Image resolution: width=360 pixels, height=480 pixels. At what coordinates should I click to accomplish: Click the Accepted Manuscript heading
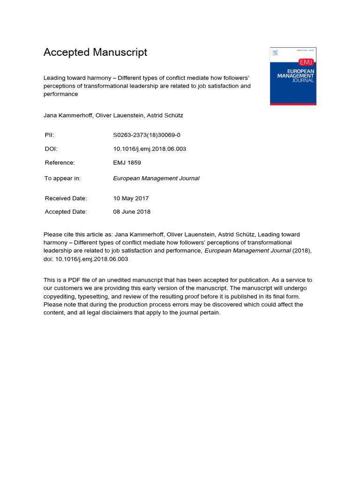(x=95, y=52)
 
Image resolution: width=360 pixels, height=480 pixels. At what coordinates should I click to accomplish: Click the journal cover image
(x=293, y=76)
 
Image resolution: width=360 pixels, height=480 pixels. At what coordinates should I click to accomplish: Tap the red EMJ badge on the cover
(x=306, y=62)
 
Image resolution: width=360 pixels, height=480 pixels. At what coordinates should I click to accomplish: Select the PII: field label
(x=49, y=135)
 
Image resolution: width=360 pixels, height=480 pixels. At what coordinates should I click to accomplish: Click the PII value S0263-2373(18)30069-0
(x=147, y=135)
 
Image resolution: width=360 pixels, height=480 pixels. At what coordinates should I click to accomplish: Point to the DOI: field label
(x=51, y=149)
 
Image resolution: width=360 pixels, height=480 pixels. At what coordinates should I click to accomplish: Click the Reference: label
(x=60, y=163)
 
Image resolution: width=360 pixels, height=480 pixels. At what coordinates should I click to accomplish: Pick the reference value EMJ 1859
(x=127, y=163)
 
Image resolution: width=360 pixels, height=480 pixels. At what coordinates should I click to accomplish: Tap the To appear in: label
(x=63, y=178)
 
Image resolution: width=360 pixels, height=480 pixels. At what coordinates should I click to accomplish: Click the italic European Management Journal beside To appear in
(x=156, y=178)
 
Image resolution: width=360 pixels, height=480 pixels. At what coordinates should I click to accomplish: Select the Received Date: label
(x=66, y=198)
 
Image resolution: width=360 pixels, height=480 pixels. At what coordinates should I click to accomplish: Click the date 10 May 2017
(x=131, y=198)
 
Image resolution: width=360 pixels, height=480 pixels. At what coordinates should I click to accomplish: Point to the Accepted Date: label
(x=66, y=212)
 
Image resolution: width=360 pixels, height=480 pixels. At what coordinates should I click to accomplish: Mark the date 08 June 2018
(x=132, y=212)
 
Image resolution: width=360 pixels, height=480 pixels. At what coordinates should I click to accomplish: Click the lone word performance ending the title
(x=60, y=94)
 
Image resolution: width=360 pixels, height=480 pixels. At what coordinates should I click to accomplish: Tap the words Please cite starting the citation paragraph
(x=57, y=234)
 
